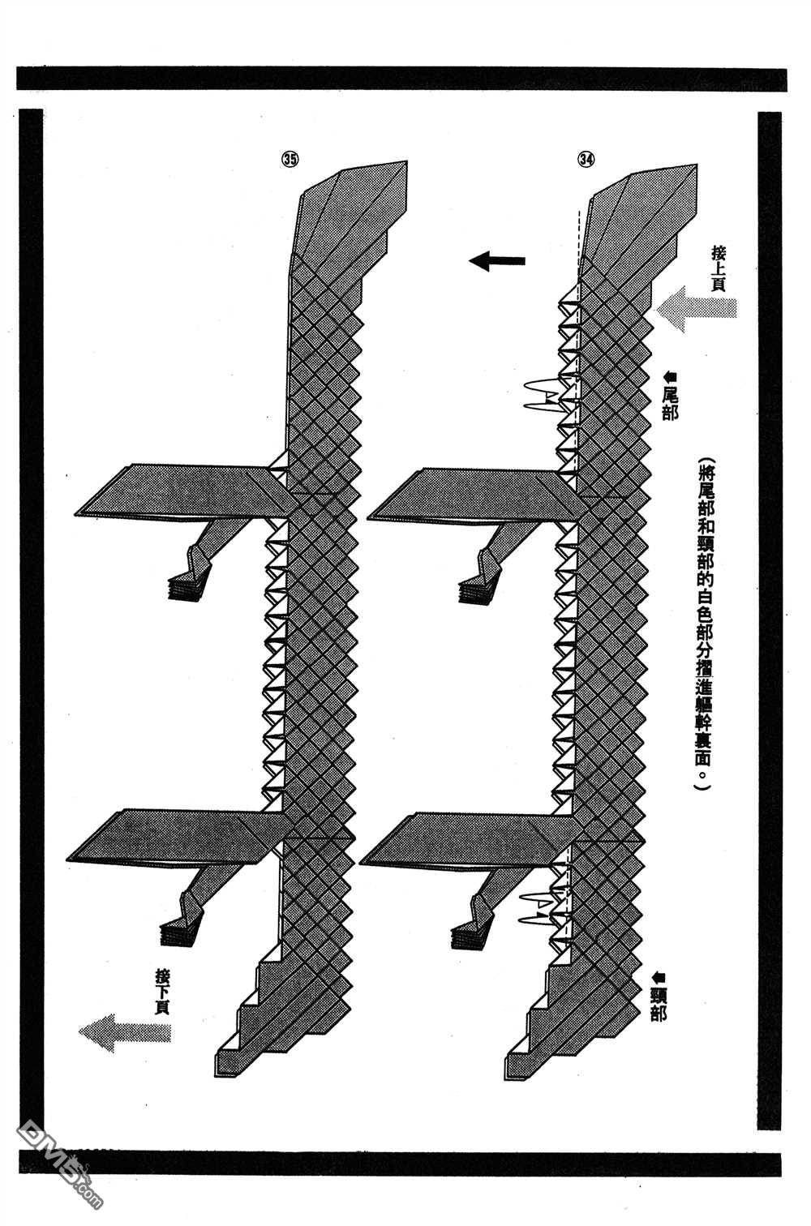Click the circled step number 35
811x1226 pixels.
coord(290,159)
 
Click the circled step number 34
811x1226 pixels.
coord(586,159)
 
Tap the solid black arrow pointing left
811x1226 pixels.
coord(497,261)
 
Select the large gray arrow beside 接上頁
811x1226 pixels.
coord(697,309)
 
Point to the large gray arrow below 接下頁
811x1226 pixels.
coord(125,1033)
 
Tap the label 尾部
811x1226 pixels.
coord(669,404)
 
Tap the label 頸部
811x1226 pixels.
coord(658,1005)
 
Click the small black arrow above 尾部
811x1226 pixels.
coord(670,376)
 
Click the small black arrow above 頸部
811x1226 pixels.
coord(659,976)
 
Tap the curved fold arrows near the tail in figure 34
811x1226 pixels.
coord(544,394)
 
